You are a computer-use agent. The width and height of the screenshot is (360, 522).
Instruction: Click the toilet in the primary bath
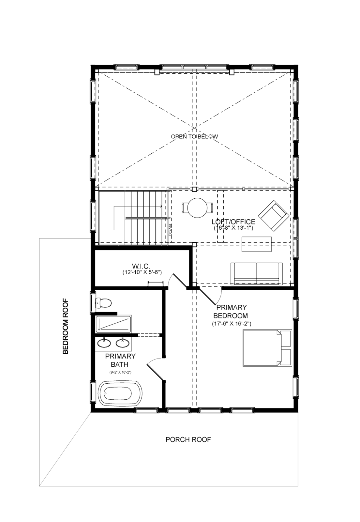tap(103, 303)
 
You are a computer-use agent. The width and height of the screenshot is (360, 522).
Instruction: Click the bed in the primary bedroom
tap(267, 348)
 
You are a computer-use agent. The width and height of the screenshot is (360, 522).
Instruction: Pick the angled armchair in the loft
tap(274, 216)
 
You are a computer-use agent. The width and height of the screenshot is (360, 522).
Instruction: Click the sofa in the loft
tap(257, 274)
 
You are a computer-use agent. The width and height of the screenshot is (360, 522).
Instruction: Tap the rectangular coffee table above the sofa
tap(257, 244)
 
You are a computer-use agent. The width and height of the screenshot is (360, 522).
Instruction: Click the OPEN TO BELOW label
tap(194, 136)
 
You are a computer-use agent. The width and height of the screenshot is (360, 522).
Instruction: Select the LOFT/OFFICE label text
tap(233, 222)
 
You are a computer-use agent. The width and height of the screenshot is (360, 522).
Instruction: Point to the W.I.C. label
tap(141, 266)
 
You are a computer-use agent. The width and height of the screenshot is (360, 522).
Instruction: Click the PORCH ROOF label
tap(188, 439)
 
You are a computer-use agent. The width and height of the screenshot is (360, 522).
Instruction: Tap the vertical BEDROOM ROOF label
tap(66, 327)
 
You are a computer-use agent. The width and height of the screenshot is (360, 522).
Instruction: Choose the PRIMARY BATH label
tap(120, 360)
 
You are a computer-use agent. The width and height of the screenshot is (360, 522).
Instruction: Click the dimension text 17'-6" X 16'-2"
tap(232, 324)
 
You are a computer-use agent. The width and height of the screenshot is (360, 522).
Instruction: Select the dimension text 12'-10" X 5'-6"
tap(142, 272)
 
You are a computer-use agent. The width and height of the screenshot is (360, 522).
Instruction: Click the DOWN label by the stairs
tap(170, 230)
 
